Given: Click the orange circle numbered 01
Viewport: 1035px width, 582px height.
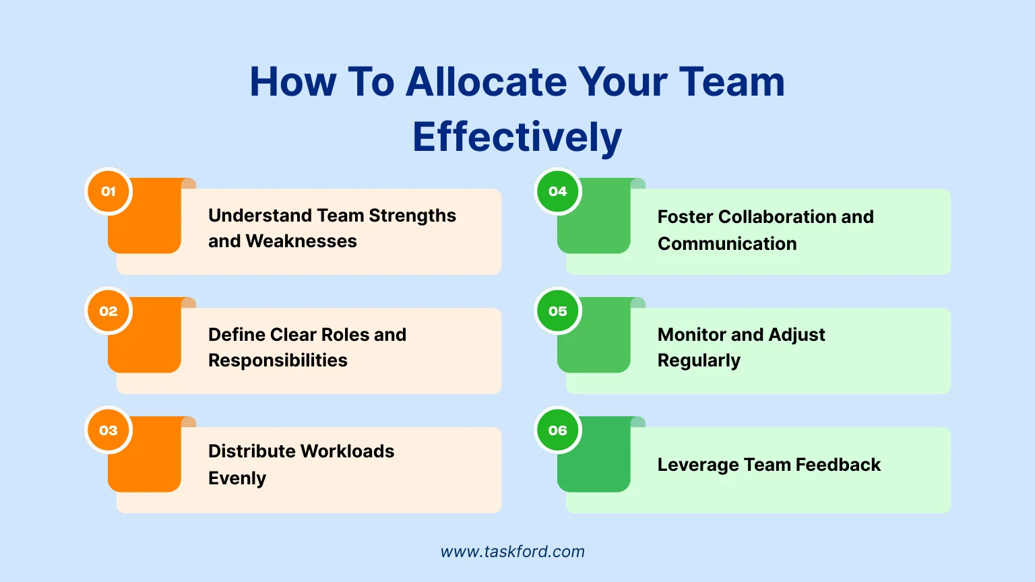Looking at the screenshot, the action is click(108, 191).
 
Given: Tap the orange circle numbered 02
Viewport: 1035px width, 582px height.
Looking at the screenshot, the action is click(108, 311).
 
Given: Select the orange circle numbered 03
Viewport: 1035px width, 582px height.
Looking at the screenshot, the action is click(108, 430).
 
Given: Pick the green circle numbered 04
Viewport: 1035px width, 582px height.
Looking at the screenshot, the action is click(558, 191).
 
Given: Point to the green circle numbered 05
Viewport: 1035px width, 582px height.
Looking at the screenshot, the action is click(558, 311).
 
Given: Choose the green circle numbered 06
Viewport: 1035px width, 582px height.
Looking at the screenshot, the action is click(558, 430).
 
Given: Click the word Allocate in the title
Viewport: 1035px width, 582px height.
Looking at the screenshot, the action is click(486, 82).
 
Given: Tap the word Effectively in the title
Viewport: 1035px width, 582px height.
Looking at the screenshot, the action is click(517, 137).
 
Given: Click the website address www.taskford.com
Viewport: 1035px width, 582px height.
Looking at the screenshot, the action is click(512, 552).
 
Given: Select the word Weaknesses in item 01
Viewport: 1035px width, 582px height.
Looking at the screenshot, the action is click(301, 241).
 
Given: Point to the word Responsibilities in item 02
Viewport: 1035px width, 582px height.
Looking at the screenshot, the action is click(278, 360).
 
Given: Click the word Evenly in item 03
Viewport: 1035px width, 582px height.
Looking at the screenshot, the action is click(237, 478).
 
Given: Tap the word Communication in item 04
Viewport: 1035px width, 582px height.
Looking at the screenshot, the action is click(727, 243).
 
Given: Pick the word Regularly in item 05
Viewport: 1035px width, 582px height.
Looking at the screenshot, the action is click(699, 360).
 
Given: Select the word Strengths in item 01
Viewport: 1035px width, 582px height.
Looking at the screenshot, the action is click(412, 216).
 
